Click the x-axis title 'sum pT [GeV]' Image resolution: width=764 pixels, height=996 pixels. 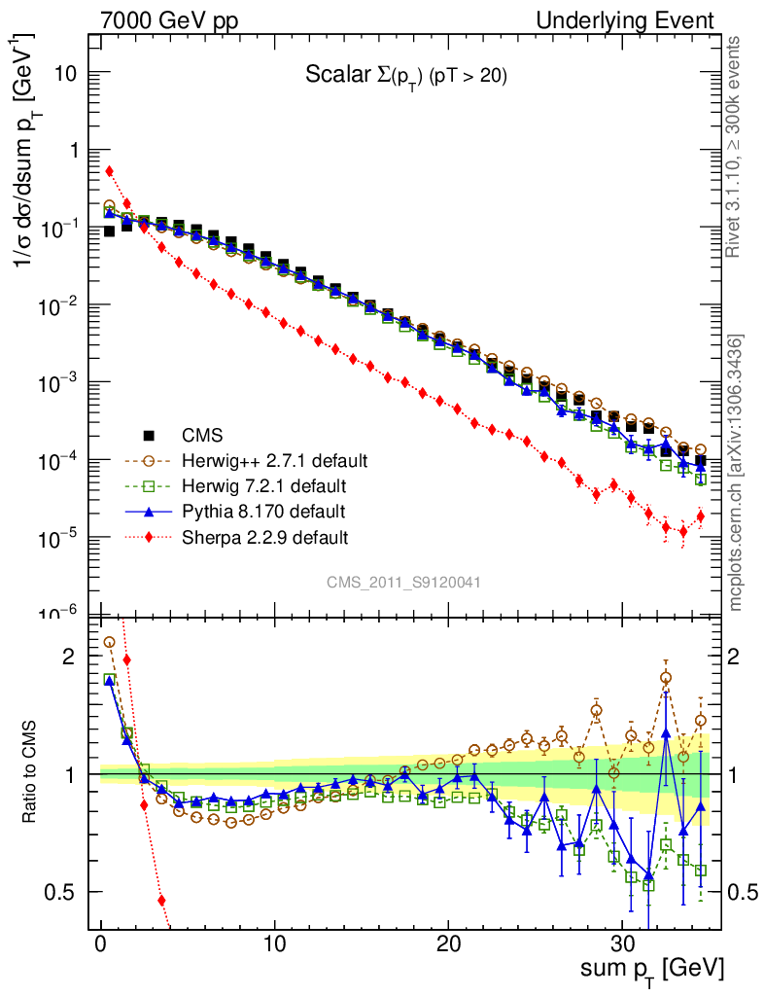(648, 969)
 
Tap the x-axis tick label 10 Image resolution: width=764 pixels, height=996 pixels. (274, 943)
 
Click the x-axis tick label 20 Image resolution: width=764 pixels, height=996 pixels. (448, 943)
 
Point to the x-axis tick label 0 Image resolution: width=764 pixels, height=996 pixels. (101, 943)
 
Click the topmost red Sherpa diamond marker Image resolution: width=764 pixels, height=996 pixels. (110, 171)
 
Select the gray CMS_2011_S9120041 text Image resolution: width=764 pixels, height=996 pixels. (403, 582)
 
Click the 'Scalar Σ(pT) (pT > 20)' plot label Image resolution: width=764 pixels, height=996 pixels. (406, 76)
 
